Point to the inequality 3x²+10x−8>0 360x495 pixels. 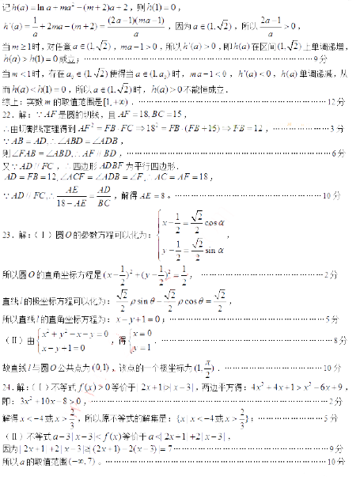48,401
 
